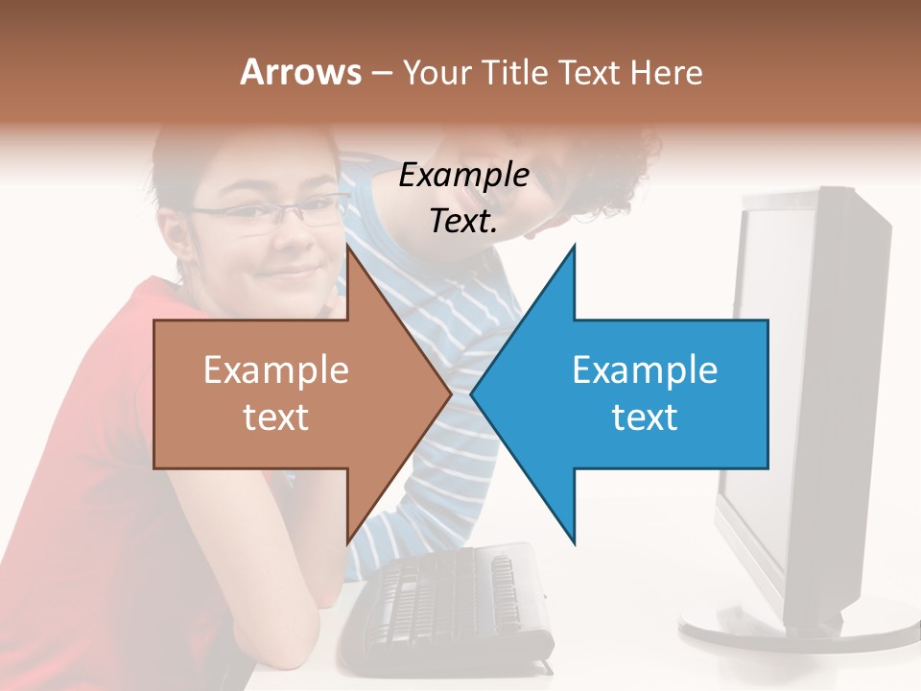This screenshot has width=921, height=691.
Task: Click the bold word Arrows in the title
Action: click(x=300, y=72)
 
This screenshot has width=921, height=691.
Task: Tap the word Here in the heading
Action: click(x=666, y=72)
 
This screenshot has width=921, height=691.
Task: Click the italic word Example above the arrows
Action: click(x=463, y=176)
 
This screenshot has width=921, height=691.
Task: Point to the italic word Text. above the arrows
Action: click(x=463, y=221)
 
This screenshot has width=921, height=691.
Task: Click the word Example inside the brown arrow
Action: click(x=276, y=370)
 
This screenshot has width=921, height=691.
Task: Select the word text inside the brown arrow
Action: click(x=276, y=417)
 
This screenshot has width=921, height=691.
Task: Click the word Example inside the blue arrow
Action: click(x=645, y=370)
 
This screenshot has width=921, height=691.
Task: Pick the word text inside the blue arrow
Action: click(x=645, y=417)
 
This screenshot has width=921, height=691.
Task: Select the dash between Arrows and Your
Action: click(x=381, y=73)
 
